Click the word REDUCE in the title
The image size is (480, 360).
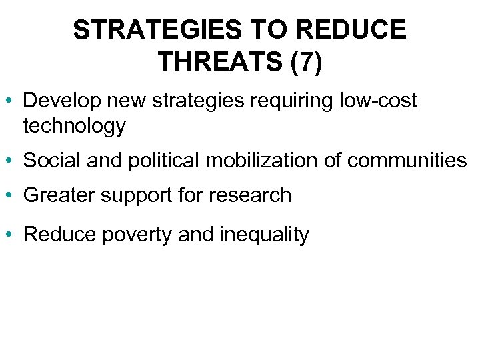click(353, 30)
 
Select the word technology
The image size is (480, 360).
click(74, 125)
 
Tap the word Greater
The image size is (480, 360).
click(56, 195)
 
